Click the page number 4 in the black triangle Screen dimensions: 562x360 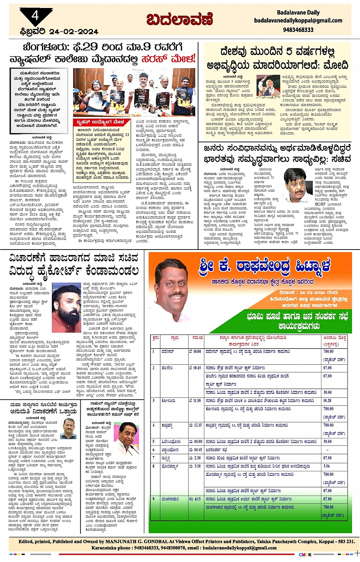tap(35, 16)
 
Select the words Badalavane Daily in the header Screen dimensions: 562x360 tap(298, 13)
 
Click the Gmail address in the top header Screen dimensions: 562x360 tap(298, 21)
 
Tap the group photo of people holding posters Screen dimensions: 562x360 tap(134, 93)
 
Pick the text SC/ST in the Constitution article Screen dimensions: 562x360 tap(320, 204)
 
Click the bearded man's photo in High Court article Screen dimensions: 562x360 tap(67, 304)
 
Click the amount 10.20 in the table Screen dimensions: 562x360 tap(327, 401)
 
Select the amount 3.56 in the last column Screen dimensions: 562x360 tap(326, 466)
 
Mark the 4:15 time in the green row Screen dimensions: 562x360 tap(195, 499)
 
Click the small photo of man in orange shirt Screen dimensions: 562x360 tap(69, 428)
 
